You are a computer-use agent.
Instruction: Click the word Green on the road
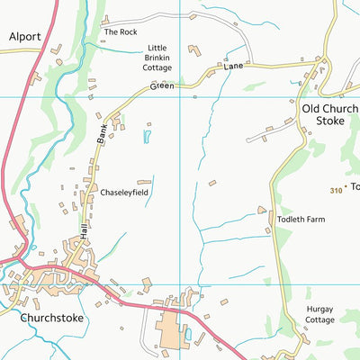[162, 86]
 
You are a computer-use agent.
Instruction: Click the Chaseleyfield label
[124, 193]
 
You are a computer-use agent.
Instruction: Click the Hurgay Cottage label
[319, 315]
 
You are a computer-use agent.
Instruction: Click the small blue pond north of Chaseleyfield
[147, 137]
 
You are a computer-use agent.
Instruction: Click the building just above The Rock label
[105, 19]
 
